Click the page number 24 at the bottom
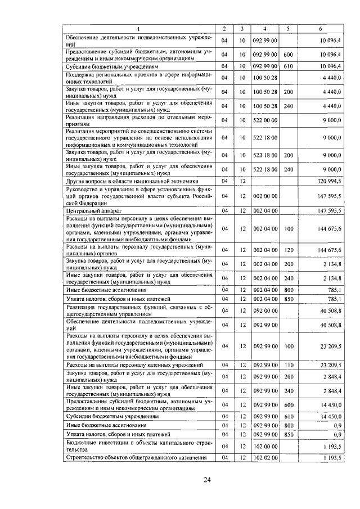click(x=206, y=479)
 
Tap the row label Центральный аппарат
click(x=92, y=210)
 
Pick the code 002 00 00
click(x=264, y=196)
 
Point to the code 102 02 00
click(x=264, y=458)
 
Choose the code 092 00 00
click(x=264, y=310)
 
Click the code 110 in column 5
click(x=289, y=366)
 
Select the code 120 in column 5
click(x=289, y=249)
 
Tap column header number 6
click(x=320, y=29)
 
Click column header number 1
click(x=139, y=29)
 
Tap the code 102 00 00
click(x=264, y=446)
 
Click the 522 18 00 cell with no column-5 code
click(x=264, y=137)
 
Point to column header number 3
click(x=241, y=29)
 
